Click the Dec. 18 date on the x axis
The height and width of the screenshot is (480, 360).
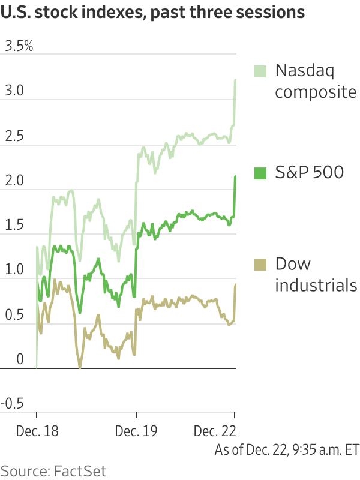coord(37,431)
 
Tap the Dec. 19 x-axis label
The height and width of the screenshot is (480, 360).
coord(136,431)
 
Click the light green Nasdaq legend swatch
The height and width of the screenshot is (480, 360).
coord(260,70)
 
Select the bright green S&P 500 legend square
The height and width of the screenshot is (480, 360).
coord(260,173)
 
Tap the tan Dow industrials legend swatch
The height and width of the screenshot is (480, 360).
coord(260,264)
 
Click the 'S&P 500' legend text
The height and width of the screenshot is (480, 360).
coord(310,173)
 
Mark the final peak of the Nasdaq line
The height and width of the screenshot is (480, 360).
coord(235,80)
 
